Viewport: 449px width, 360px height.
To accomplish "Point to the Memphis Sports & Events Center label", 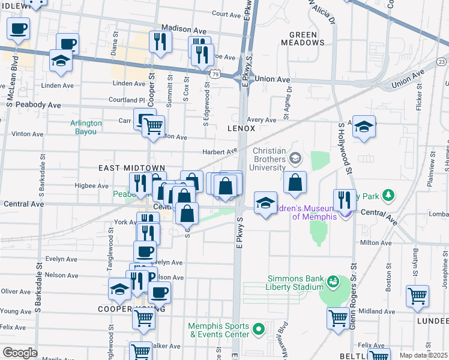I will [218, 329].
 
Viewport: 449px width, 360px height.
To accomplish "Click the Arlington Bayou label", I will [86, 127].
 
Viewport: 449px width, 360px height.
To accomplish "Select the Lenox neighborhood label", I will [241, 128].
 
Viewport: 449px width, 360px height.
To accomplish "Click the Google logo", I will [20, 353].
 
